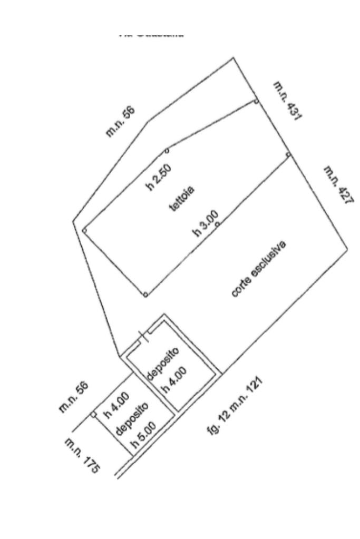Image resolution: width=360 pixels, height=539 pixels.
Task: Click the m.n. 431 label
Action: click(288, 102)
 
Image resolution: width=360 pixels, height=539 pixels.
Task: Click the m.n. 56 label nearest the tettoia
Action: click(121, 122)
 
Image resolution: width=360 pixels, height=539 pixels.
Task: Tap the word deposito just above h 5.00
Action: click(129, 420)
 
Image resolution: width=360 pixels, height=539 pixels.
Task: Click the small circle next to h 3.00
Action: click(218, 224)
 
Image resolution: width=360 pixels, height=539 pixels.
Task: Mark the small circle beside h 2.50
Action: click(167, 151)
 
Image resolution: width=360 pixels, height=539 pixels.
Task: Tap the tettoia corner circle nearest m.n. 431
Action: click(256, 102)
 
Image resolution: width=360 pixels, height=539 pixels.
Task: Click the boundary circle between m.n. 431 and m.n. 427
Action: click(288, 154)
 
